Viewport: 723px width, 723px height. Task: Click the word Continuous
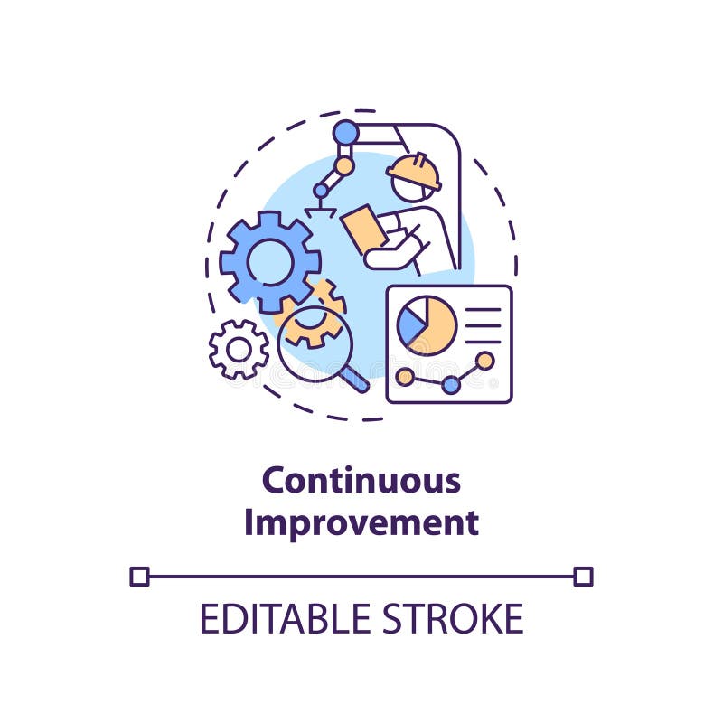(x=361, y=481)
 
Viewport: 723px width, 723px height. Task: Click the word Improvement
(x=361, y=523)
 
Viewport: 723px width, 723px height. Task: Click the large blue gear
(x=269, y=262)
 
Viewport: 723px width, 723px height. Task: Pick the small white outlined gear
(x=239, y=349)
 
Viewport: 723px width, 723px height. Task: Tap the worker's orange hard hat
(x=413, y=171)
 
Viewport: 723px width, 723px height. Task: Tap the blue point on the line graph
(x=450, y=385)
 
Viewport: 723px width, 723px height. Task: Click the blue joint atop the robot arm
(x=345, y=133)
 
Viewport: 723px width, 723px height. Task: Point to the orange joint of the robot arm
(x=344, y=166)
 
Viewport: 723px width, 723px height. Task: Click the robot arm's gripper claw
(x=320, y=210)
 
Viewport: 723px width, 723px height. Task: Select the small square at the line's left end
(x=139, y=576)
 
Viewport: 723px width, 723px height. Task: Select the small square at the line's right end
(x=583, y=576)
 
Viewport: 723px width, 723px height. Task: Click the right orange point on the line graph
(x=485, y=361)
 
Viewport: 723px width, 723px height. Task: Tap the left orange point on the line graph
(x=405, y=376)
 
